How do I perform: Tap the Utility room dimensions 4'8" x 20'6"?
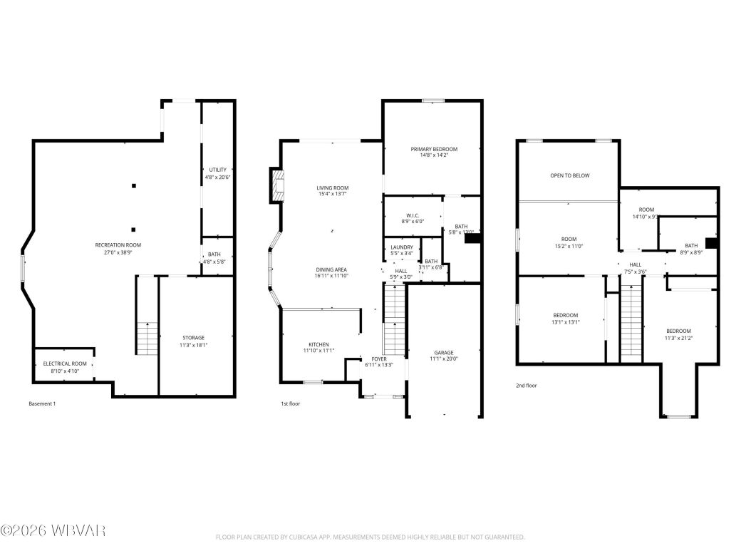tap(218, 177)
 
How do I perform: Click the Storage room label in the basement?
tap(193, 337)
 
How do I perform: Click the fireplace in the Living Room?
tap(276, 185)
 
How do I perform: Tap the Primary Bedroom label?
tap(433, 149)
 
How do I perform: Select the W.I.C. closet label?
tap(413, 215)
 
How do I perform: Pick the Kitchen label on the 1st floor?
tap(318, 344)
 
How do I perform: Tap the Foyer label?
tap(378, 359)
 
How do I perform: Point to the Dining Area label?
tap(332, 269)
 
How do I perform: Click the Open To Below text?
tap(569, 175)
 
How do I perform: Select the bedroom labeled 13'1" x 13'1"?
tap(566, 315)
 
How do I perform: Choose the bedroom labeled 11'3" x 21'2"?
tap(678, 331)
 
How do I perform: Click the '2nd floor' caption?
tap(527, 386)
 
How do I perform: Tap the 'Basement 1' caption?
tap(41, 404)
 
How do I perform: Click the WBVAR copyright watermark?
tap(53, 530)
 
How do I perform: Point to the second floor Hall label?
tap(635, 264)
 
